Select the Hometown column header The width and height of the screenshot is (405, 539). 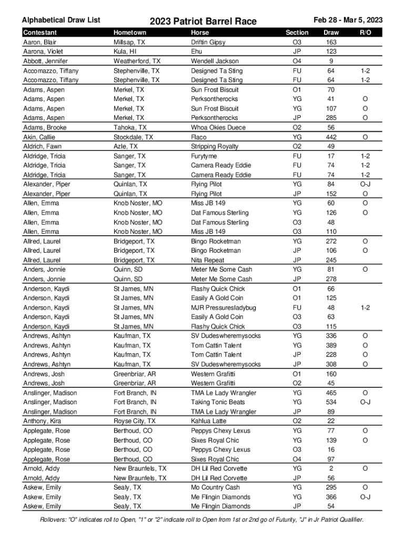pos(130,33)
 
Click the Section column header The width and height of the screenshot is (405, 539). pos(297,33)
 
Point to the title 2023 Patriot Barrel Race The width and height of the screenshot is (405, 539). pos(203,21)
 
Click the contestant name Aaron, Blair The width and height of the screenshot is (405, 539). pos(39,42)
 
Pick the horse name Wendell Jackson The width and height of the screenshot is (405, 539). pos(215,61)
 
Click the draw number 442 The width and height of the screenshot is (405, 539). pos(331,137)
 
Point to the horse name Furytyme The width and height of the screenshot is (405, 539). pos(204,156)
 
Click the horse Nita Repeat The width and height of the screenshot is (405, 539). pos(207,260)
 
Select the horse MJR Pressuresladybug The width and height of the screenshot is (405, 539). pos(224,307)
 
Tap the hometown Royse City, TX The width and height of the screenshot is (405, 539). pos(135,421)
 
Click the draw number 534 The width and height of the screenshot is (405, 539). pos(331,402)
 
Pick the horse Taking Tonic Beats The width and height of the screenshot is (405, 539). pos(218,402)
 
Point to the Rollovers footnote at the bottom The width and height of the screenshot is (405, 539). pos(202,520)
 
